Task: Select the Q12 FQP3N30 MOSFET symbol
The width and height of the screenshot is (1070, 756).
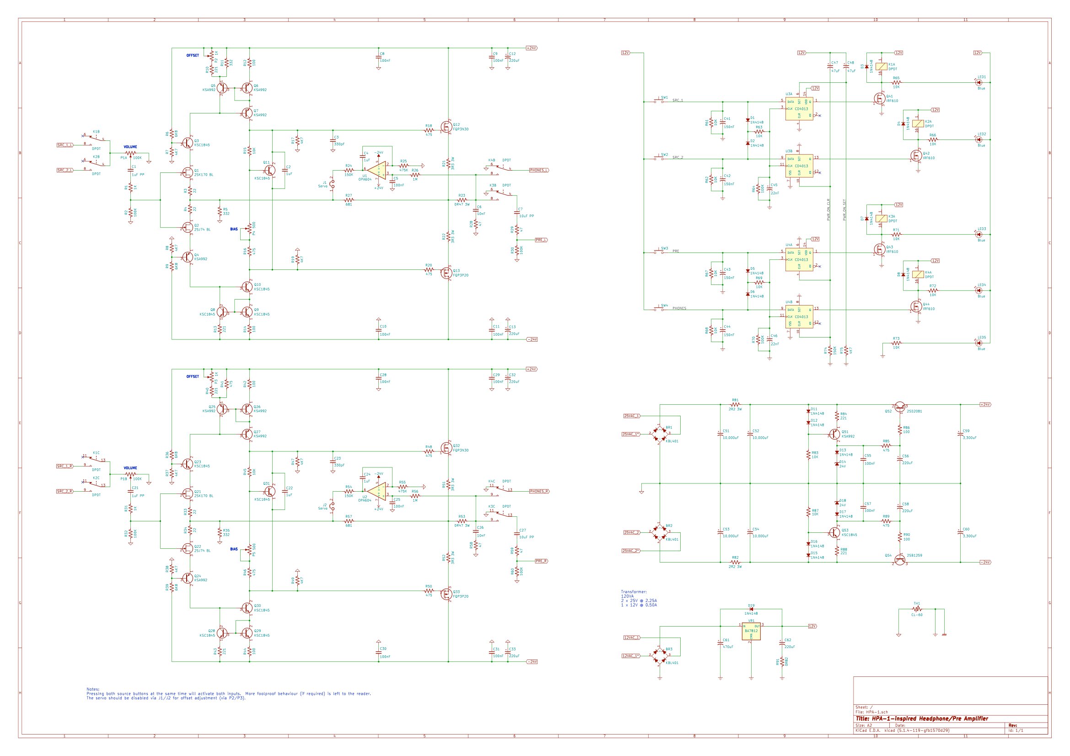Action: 446,127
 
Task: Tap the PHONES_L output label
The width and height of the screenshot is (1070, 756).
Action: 539,170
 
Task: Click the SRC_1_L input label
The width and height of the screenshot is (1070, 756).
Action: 65,145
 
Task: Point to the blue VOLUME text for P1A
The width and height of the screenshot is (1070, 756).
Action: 130,147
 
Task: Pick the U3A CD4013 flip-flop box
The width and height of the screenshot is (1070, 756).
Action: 799,108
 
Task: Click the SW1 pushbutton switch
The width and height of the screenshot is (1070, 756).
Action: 661,101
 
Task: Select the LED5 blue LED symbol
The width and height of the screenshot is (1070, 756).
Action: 978,343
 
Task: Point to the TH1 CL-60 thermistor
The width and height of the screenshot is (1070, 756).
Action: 917,609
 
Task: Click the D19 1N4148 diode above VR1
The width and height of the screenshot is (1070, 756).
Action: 751,609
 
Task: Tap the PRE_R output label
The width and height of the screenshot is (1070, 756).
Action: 541,561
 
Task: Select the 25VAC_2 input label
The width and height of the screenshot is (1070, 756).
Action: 631,532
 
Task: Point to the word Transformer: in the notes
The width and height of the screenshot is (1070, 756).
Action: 633,591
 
